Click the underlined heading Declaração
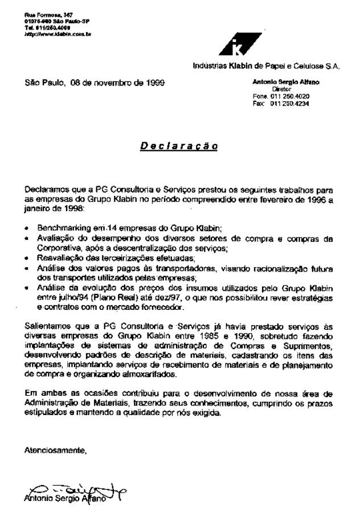coord(178,146)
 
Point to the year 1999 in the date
coord(154,83)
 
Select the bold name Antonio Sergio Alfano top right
coord(285,83)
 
